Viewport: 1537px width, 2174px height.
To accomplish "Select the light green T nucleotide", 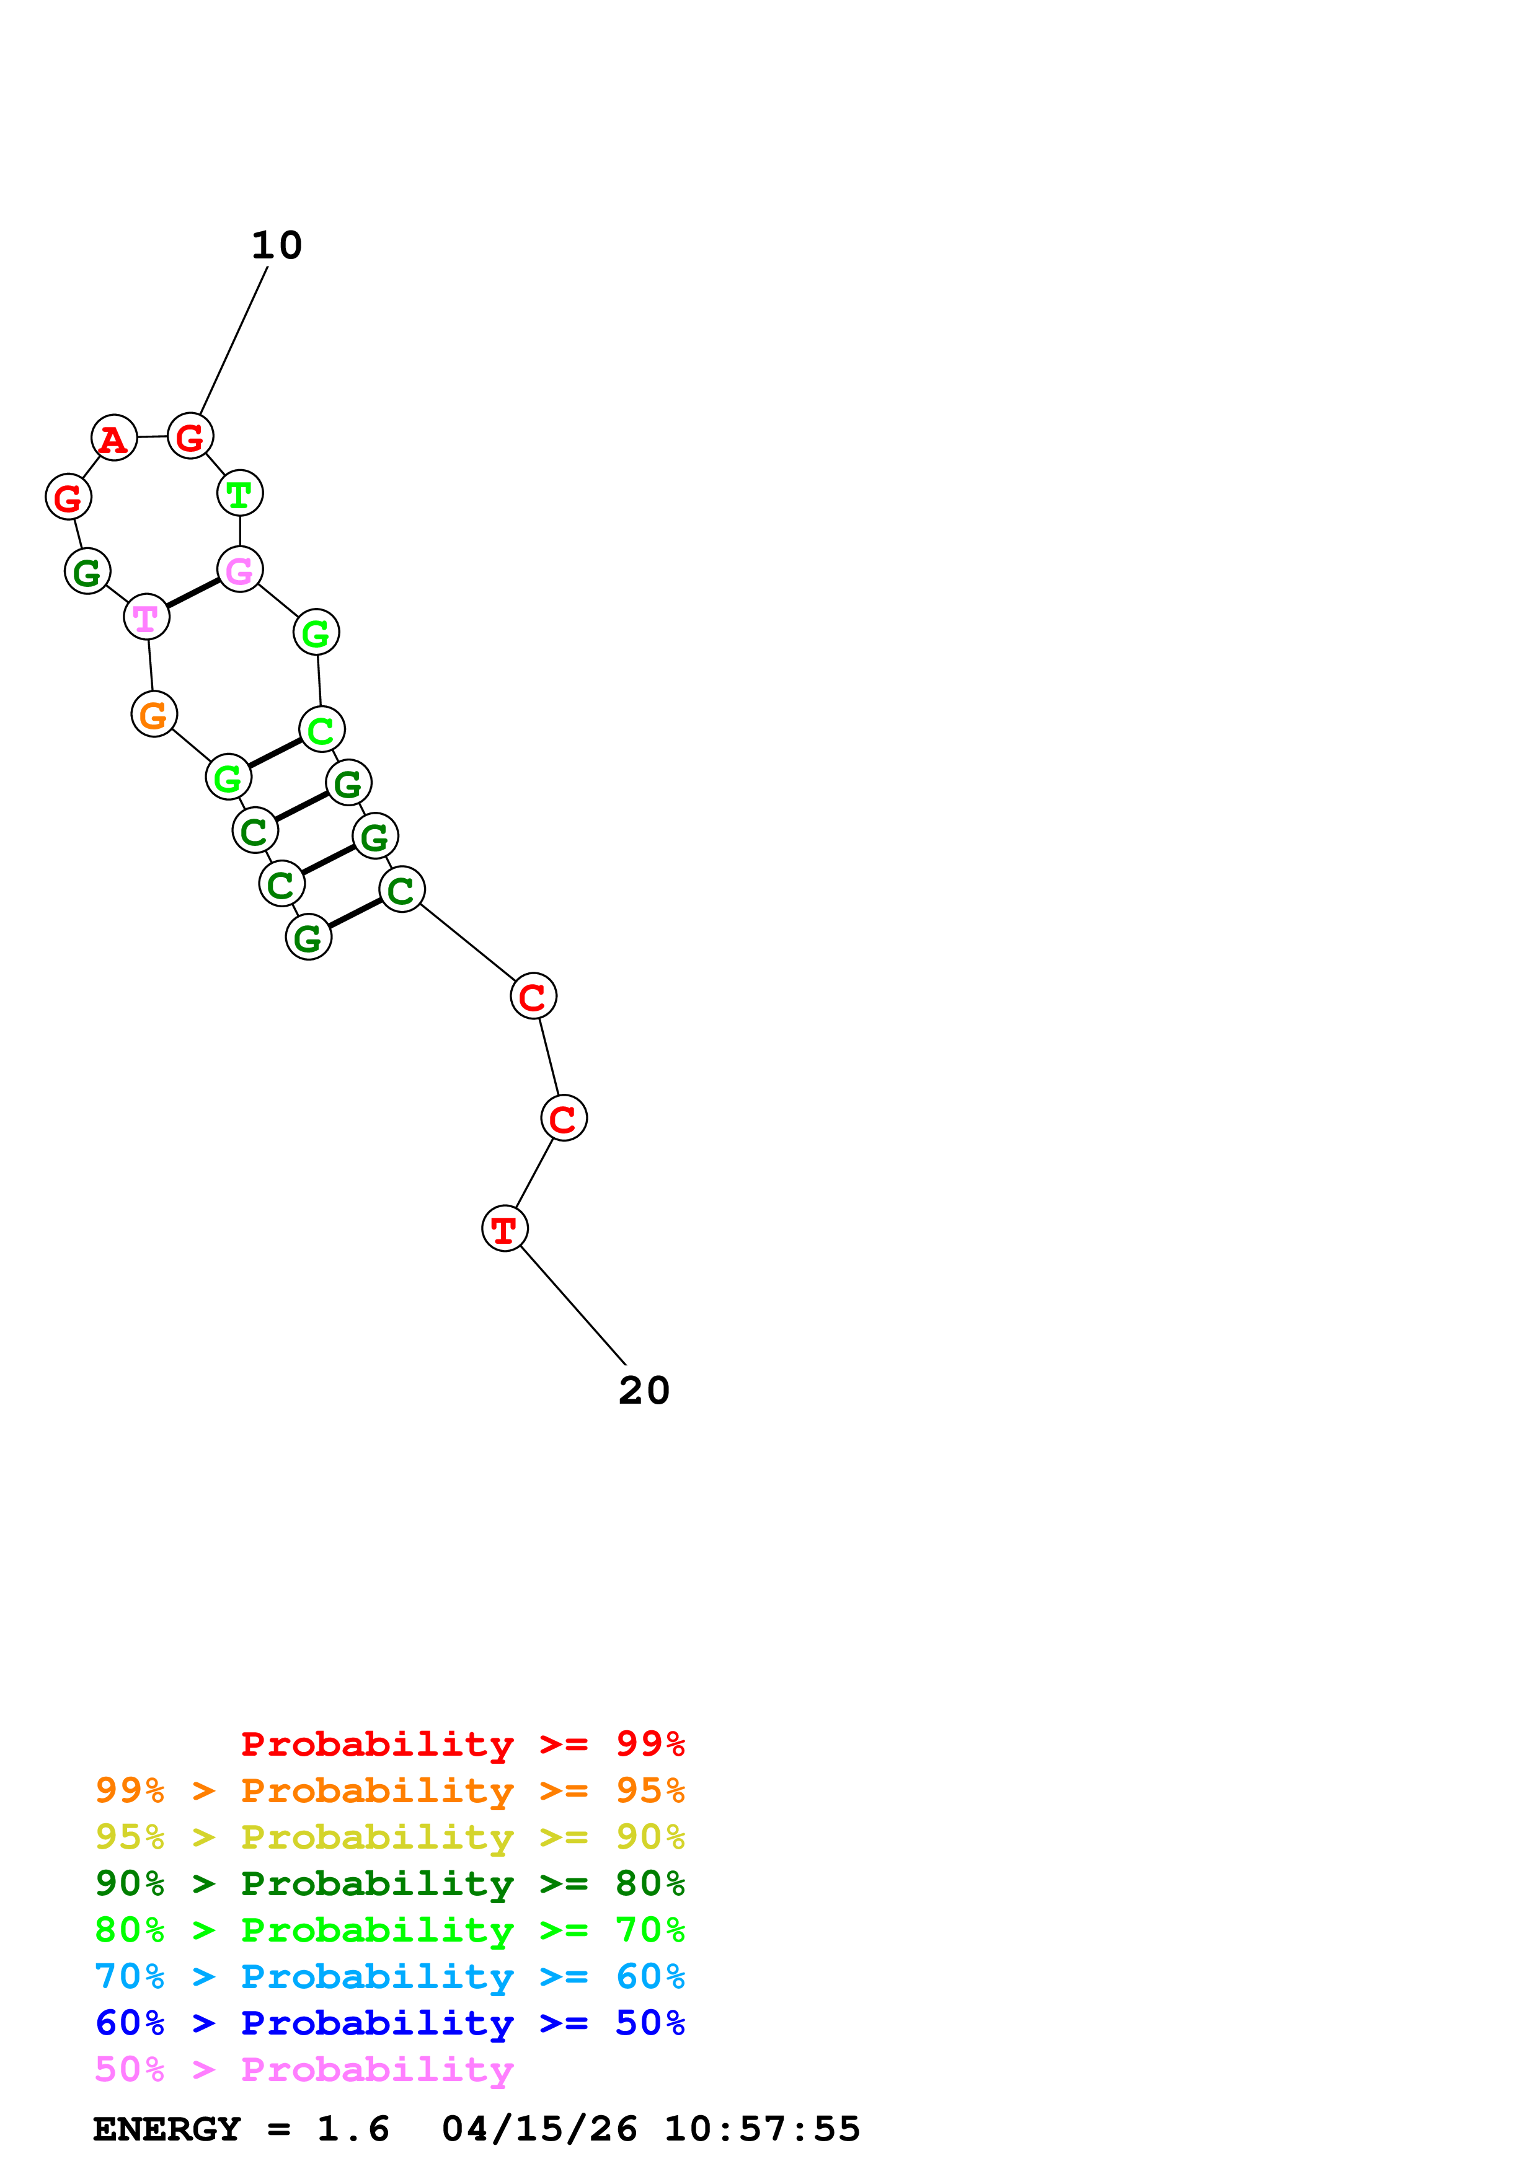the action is [x=239, y=493].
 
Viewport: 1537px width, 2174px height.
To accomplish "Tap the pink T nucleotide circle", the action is [x=147, y=617].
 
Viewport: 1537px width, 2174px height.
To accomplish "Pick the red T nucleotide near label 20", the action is [x=505, y=1229].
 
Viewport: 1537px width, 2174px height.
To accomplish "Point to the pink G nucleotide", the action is [x=239, y=570].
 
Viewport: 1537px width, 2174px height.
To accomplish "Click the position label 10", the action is [x=277, y=246].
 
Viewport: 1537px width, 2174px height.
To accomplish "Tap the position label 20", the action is [x=644, y=1391].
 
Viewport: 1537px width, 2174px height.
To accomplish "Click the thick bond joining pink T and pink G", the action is [x=193, y=594].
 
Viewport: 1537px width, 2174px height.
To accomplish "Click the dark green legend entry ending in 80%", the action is [x=390, y=1883].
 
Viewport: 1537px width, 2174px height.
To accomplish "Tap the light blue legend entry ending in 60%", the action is [x=390, y=1976].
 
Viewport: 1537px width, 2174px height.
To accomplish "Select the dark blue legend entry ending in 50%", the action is [x=390, y=2023].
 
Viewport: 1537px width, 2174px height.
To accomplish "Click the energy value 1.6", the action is [x=352, y=2129].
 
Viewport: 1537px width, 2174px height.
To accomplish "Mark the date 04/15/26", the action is [x=539, y=2129].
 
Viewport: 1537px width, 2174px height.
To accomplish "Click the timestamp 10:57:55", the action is [x=761, y=2129].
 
